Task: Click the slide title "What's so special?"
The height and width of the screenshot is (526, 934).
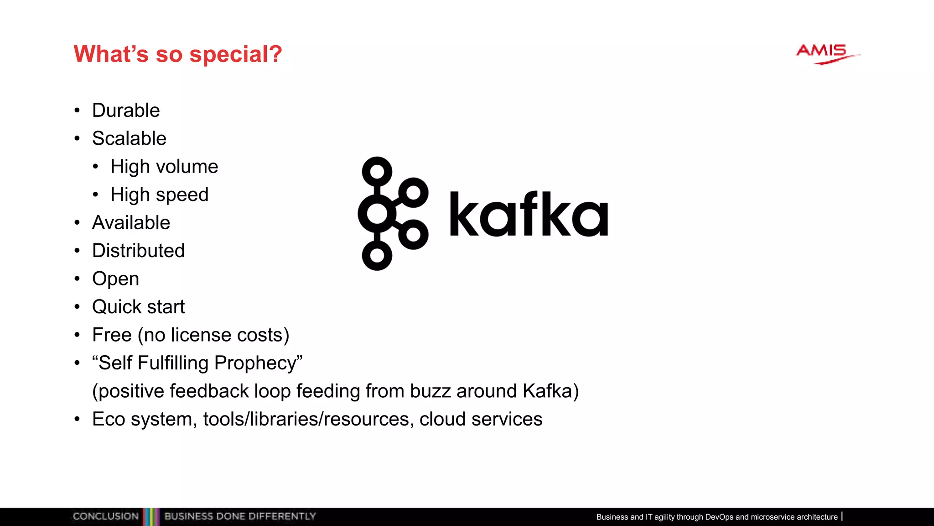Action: pyautogui.click(x=178, y=54)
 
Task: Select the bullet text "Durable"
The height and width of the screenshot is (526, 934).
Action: pyautogui.click(x=126, y=110)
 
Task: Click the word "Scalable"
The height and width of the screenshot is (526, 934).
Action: pyautogui.click(x=129, y=138)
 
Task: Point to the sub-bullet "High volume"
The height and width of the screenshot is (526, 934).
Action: pyautogui.click(x=164, y=167)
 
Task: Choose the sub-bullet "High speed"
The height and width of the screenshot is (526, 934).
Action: pyautogui.click(x=159, y=195)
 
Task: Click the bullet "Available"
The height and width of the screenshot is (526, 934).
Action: pyautogui.click(x=131, y=223)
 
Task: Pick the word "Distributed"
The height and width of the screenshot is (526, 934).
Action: pyautogui.click(x=138, y=251)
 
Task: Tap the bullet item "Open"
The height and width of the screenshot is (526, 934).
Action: pyautogui.click(x=115, y=279)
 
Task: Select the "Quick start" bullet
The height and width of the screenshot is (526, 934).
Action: pyautogui.click(x=138, y=307)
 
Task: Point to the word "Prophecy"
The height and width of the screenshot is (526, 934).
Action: pyautogui.click(x=258, y=363)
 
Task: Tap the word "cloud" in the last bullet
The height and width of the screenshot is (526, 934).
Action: pyautogui.click(x=442, y=419)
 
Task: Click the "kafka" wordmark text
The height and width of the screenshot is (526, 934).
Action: pyautogui.click(x=529, y=214)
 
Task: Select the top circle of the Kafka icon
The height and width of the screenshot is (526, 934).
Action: pyautogui.click(x=377, y=172)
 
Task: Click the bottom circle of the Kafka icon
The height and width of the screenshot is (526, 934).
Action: pyautogui.click(x=377, y=256)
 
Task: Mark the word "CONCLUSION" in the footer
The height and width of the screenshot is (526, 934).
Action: pyautogui.click(x=105, y=516)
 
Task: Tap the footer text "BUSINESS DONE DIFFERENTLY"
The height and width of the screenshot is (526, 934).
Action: pyautogui.click(x=240, y=516)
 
